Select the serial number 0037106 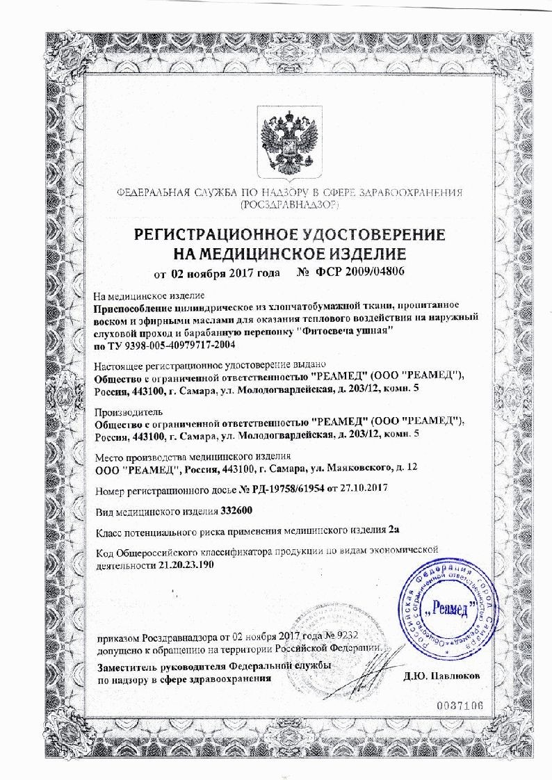[x=460, y=706]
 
